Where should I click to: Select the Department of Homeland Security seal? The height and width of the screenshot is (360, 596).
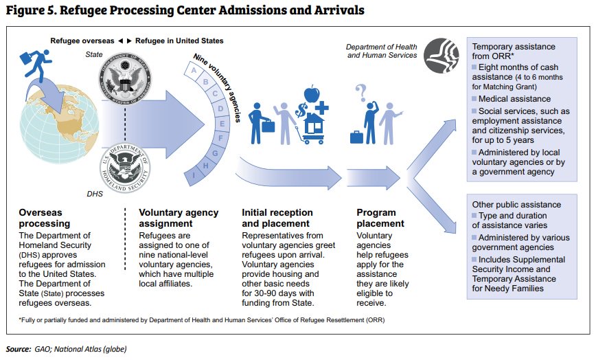click(124, 164)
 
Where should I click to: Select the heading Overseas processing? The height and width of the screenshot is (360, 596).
click(45, 218)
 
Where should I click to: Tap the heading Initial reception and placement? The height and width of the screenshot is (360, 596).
click(277, 218)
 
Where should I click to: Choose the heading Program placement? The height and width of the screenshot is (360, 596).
click(380, 218)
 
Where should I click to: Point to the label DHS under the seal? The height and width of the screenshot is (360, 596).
click(95, 194)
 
